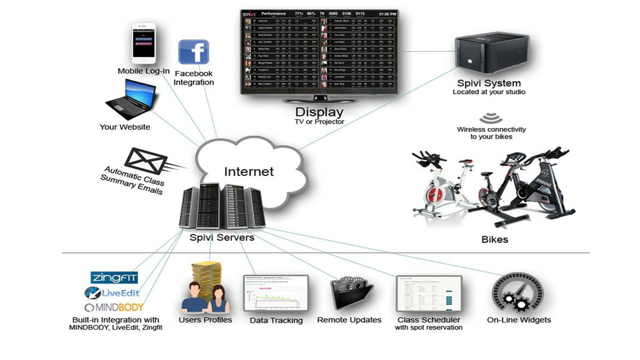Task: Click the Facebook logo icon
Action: point(193,52)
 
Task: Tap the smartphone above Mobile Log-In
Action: point(143,43)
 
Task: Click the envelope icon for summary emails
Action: point(145,161)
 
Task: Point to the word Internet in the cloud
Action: point(249,171)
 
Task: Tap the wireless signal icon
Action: point(491,118)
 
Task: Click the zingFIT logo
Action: point(114,277)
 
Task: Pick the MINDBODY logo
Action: point(114,307)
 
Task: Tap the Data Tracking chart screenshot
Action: point(276,293)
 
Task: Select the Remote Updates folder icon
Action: point(350,293)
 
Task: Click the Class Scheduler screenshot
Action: point(428,293)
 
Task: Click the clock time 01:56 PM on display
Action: point(388,14)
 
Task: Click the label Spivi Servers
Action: point(222,237)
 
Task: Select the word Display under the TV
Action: point(319,112)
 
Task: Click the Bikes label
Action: point(494,239)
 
